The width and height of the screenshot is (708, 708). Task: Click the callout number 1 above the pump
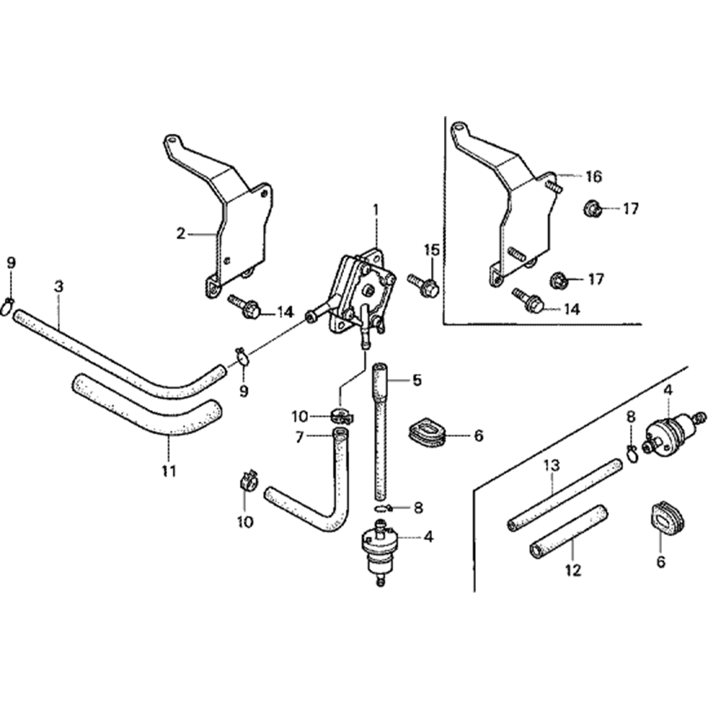point(376,210)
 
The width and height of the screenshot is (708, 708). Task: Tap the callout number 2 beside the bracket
point(181,233)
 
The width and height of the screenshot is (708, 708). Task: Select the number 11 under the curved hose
point(169,469)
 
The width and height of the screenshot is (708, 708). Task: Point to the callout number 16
point(593,176)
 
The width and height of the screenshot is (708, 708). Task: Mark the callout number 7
point(299,438)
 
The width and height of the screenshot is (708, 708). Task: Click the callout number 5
point(416,380)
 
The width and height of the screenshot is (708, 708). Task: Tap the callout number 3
point(59,286)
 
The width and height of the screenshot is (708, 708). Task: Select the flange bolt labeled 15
point(427,287)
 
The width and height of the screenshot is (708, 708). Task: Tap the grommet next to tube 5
point(427,433)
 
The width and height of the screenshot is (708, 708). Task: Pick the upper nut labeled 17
point(593,209)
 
